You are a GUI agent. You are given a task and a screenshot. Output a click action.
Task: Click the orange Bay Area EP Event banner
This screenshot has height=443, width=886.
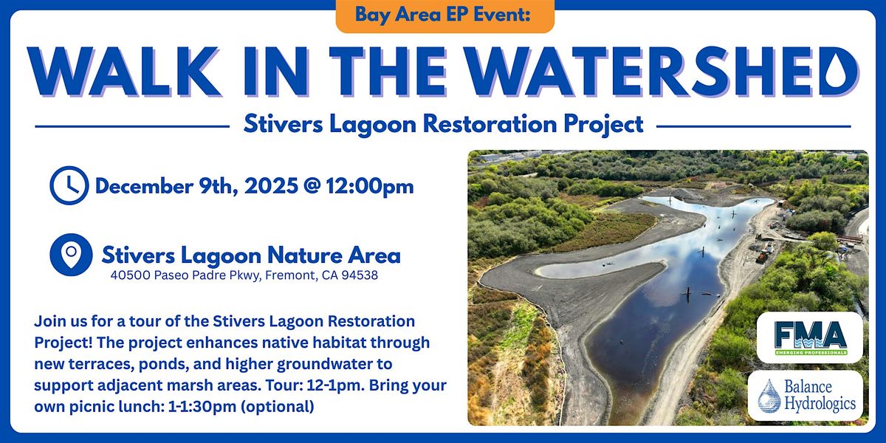(x=444, y=15)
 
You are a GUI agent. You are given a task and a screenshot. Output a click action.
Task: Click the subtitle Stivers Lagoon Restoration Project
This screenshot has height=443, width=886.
(x=443, y=124)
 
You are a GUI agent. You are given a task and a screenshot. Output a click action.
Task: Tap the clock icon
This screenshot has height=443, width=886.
(x=69, y=185)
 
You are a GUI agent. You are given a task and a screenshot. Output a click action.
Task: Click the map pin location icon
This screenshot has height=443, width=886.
(x=71, y=255)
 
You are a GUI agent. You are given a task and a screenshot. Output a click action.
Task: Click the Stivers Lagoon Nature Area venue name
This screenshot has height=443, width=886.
(x=251, y=255)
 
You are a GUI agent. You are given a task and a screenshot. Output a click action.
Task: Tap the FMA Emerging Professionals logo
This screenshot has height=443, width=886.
(x=809, y=337)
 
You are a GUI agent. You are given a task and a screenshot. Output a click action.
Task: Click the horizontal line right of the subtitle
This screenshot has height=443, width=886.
(x=753, y=126)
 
